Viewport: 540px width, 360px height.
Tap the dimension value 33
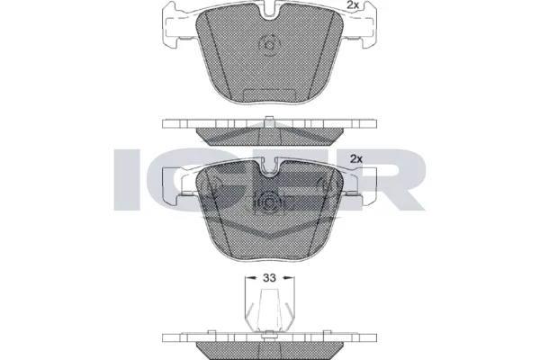pyautogui.click(x=268, y=278)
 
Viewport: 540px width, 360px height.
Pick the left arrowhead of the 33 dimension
pyautogui.click(x=248, y=278)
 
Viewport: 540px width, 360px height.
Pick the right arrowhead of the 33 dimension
pyautogui.click(x=288, y=278)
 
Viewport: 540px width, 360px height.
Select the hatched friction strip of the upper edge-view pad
pyautogui.click(x=268, y=136)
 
